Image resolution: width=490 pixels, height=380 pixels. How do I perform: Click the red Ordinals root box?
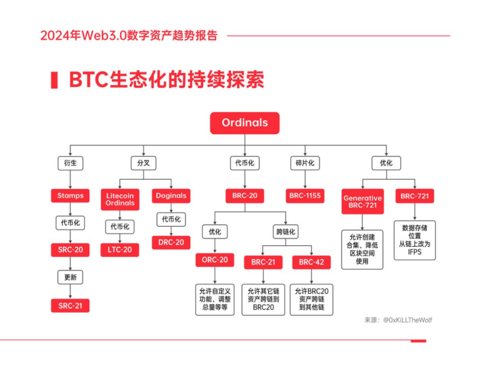tap(245, 123)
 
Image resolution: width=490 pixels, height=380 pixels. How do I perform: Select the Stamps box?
tap(70, 196)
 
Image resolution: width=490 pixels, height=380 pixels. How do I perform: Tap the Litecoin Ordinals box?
tap(120, 200)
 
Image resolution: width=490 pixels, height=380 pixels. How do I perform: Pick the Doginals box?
tap(171, 196)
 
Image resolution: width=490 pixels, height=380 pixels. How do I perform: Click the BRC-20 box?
tap(245, 196)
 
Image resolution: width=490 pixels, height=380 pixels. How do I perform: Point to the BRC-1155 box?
tap(305, 196)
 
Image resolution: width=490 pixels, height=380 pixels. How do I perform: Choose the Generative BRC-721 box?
tap(363, 201)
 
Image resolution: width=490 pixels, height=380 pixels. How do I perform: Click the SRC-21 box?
tap(70, 305)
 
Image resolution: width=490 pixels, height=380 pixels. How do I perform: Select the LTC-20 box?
tap(120, 250)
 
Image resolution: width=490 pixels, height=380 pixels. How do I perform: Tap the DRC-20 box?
tap(171, 242)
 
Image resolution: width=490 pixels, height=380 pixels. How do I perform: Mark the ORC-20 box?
tap(215, 260)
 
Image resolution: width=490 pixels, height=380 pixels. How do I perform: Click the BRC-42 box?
tap(311, 262)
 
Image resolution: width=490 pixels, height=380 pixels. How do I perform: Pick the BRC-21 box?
tap(263, 262)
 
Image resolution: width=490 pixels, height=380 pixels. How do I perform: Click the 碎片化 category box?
tap(305, 163)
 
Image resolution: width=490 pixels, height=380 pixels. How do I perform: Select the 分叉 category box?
tap(143, 163)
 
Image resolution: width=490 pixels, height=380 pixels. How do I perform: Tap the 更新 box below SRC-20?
tap(70, 277)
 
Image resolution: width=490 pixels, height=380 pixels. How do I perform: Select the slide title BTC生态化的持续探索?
tap(166, 80)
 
